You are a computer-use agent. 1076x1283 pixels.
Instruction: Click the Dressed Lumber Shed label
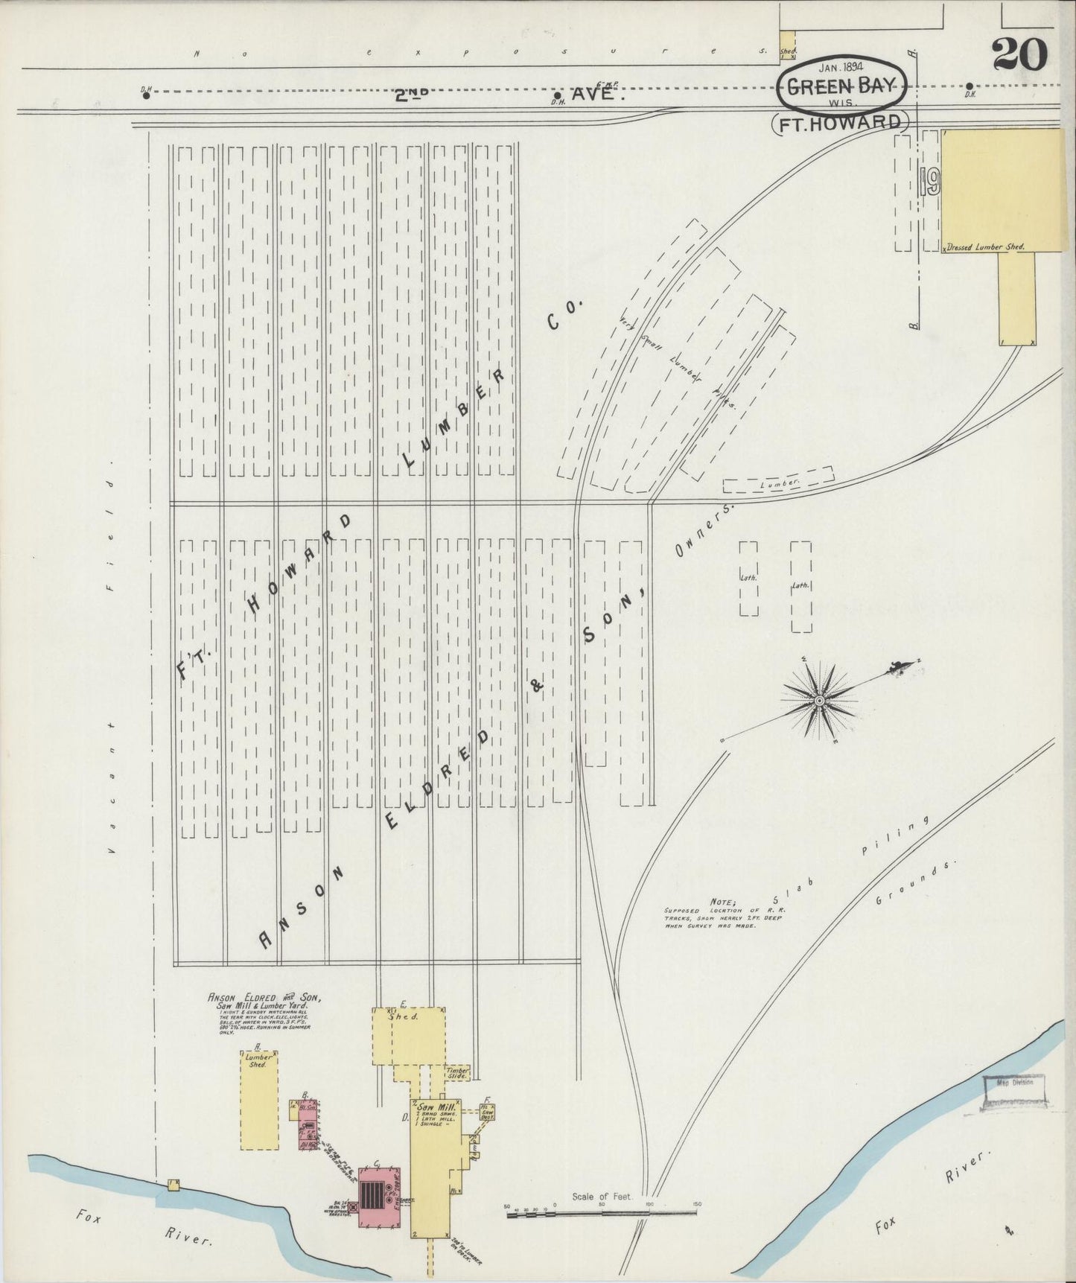click(985, 246)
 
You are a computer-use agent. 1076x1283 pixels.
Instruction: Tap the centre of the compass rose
click(819, 700)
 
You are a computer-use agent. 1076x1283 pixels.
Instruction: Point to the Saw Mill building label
click(432, 1107)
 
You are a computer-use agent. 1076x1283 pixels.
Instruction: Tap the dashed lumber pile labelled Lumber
click(778, 483)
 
